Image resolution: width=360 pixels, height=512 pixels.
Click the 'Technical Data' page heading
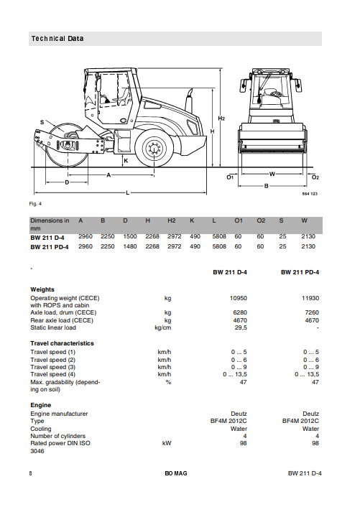click(x=57, y=38)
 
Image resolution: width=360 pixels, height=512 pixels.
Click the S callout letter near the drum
click(x=42, y=122)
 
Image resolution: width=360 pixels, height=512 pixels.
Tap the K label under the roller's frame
click(x=125, y=161)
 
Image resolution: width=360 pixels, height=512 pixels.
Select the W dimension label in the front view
click(x=272, y=173)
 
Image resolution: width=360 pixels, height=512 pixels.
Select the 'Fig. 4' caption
click(x=35, y=205)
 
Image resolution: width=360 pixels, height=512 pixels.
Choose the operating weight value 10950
click(x=238, y=297)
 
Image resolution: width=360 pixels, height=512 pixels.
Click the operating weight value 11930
click(x=310, y=297)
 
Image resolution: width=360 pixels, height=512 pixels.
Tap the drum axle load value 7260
click(x=311, y=312)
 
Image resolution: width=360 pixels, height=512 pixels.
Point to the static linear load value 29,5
click(x=240, y=327)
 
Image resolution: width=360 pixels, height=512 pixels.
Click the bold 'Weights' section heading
click(x=42, y=289)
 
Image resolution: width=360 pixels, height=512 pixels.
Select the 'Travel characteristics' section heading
click(x=62, y=343)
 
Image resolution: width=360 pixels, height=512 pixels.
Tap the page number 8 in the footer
click(x=31, y=473)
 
